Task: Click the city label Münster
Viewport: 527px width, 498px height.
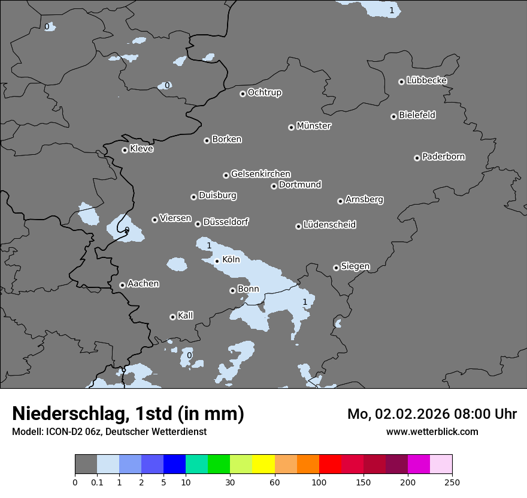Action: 313,126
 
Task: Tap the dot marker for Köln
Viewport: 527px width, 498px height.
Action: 217,261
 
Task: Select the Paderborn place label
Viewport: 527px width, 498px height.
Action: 443,157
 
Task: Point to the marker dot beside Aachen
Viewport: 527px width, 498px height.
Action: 122,285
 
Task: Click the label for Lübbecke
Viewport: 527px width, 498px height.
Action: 426,80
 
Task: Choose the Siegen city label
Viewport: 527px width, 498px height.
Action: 355,266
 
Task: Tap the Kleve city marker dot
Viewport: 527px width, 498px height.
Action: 125,150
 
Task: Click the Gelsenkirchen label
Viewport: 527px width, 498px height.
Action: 261,174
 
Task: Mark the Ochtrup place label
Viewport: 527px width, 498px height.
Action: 264,92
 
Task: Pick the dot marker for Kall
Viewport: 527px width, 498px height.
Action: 172,317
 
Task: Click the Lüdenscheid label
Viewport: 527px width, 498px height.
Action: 329,225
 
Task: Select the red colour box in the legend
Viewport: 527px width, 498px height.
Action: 330,464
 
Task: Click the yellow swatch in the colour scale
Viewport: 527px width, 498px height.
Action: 263,464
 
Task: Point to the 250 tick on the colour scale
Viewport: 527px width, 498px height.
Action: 452,482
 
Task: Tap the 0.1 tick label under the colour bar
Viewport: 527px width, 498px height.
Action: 97,482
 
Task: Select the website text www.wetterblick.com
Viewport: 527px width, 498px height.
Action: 432,431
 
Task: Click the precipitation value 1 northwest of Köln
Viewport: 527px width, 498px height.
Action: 209,245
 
